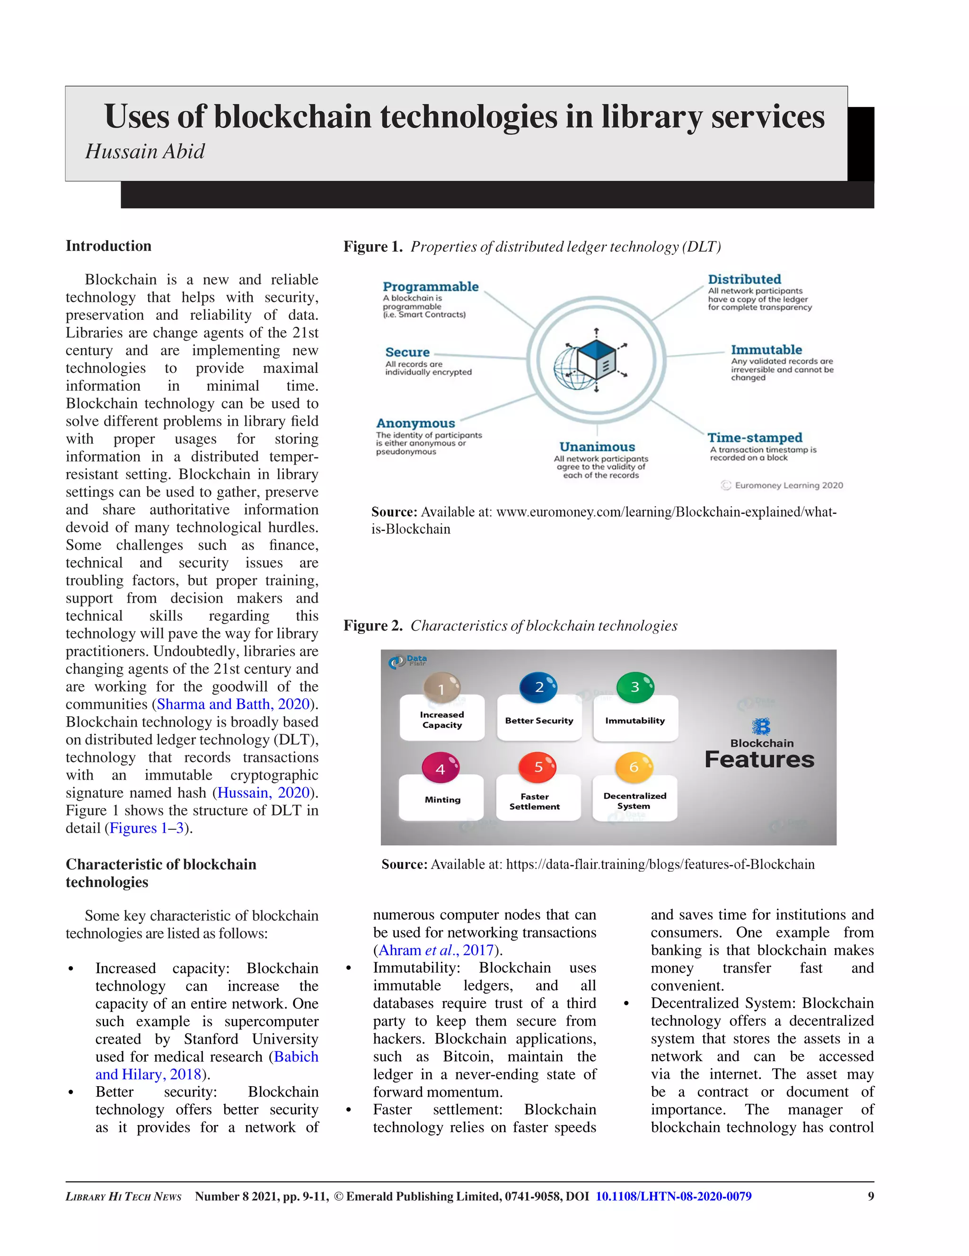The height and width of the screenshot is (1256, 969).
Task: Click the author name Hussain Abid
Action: [x=145, y=151]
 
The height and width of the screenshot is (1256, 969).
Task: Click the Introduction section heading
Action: [x=108, y=246]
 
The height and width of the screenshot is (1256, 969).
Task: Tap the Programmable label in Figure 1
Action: [x=430, y=286]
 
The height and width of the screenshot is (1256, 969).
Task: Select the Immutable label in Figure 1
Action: [x=766, y=350]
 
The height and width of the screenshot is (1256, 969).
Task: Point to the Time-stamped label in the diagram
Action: [x=755, y=438]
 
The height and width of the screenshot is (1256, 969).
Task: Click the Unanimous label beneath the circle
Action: [x=597, y=447]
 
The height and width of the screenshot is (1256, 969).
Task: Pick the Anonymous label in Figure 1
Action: [x=415, y=423]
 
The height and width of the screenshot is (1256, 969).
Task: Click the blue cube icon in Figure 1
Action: [x=596, y=360]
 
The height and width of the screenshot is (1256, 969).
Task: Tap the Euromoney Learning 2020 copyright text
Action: [x=788, y=485]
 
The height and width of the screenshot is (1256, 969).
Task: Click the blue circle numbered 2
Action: [x=538, y=686]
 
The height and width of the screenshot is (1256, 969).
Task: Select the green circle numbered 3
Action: [x=634, y=686]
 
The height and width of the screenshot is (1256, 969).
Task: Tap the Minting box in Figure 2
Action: [x=441, y=799]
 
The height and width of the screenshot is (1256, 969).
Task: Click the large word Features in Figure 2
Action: [x=759, y=760]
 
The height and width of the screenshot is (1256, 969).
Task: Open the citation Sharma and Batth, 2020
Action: [x=233, y=704]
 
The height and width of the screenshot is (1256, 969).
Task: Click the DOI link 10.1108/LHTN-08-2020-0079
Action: [x=673, y=1196]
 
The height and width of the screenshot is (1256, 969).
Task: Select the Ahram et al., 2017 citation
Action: [x=435, y=950]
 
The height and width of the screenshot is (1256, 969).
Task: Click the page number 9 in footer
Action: [x=870, y=1196]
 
